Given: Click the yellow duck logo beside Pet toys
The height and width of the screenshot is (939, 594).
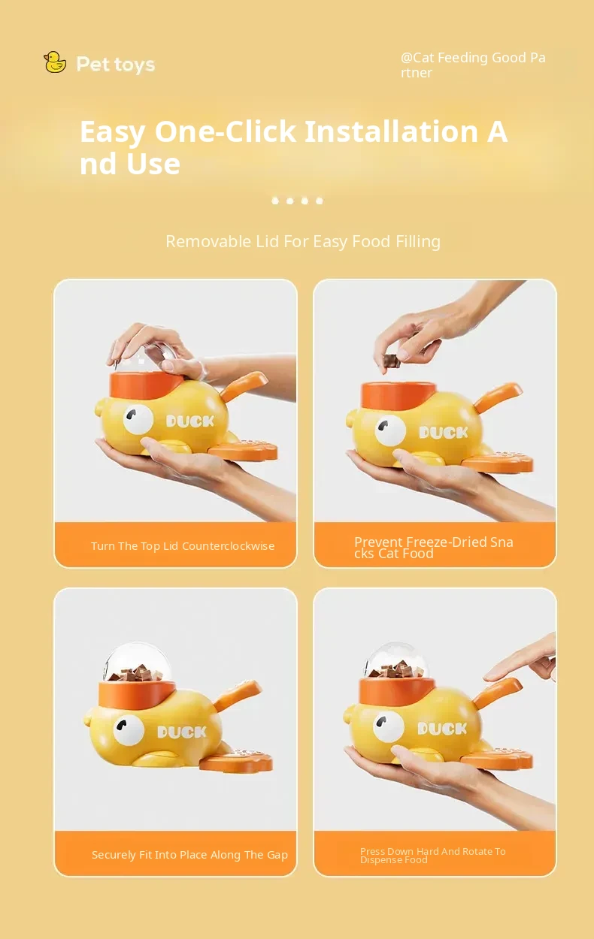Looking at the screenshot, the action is pos(55,62).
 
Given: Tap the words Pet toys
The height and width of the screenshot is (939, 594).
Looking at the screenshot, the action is pos(116,65).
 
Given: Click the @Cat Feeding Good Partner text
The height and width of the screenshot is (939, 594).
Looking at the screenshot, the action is pos(473,65).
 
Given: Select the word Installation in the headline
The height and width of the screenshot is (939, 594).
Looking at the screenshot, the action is pos(392,131).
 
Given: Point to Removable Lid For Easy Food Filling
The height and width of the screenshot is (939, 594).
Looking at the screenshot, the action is pos(303,241).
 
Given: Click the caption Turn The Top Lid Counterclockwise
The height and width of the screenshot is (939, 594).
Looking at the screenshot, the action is pos(183,546).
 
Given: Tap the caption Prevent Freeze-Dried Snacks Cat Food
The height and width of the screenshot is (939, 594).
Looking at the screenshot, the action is pos(433,548).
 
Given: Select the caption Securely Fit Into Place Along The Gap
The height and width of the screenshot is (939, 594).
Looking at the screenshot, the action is pos(189,855).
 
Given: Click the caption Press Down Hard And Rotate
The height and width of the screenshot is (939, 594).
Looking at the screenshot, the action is pos(432,855).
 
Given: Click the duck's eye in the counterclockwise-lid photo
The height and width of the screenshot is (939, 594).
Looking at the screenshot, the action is pos(138,418).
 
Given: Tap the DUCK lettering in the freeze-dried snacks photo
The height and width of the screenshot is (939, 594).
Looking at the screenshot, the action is pos(444,432).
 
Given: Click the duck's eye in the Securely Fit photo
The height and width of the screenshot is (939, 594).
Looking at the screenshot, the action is pos(129,730).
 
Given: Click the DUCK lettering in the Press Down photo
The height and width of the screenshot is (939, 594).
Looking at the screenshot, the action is pos(442,729).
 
